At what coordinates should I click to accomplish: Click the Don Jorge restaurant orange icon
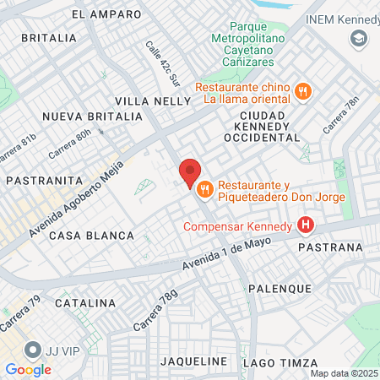click(204, 193)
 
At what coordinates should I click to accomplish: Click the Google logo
click(28, 369)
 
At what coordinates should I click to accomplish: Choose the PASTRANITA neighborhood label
click(43, 180)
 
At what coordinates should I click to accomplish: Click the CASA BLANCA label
click(91, 236)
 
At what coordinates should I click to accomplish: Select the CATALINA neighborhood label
click(84, 302)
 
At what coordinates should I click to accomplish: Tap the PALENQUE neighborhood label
click(280, 288)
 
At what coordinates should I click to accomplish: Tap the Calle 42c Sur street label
click(161, 63)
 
